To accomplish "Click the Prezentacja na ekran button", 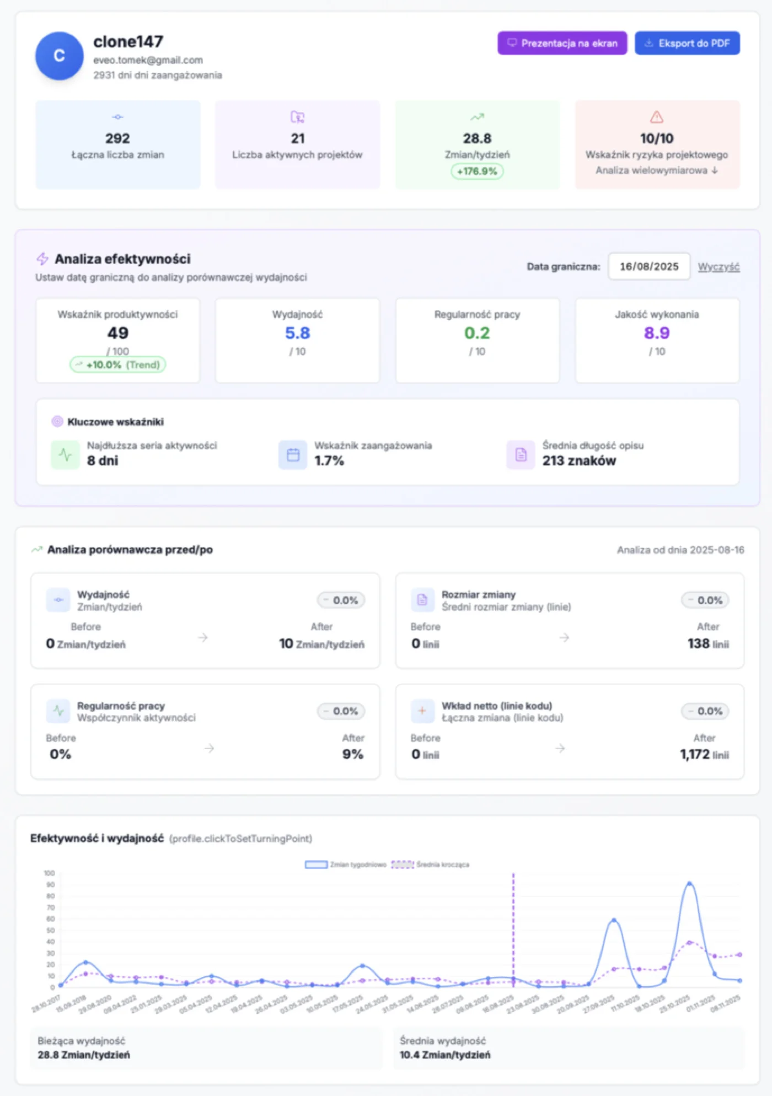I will (x=562, y=43).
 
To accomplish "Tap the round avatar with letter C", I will (x=60, y=56).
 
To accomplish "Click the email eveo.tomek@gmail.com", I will (x=148, y=60).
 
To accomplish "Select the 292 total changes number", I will (x=117, y=138).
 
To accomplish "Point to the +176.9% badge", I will (x=477, y=171).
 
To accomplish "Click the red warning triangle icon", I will (x=656, y=117).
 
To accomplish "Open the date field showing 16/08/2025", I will (x=649, y=267).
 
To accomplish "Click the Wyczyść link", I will (x=719, y=267).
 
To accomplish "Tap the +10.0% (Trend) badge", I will (x=117, y=365).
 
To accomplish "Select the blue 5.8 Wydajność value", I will (x=297, y=333).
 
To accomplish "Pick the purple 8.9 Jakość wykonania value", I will (x=656, y=333).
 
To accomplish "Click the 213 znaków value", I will (x=579, y=461).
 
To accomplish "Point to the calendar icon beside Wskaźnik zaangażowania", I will (x=293, y=455).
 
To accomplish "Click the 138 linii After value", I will (x=707, y=643).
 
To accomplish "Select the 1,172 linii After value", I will (x=704, y=754).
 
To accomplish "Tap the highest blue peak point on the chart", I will (x=689, y=884).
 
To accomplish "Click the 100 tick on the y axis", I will (x=50, y=873).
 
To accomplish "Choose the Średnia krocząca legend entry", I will (x=431, y=864).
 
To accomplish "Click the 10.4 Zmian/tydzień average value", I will (x=445, y=1055).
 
